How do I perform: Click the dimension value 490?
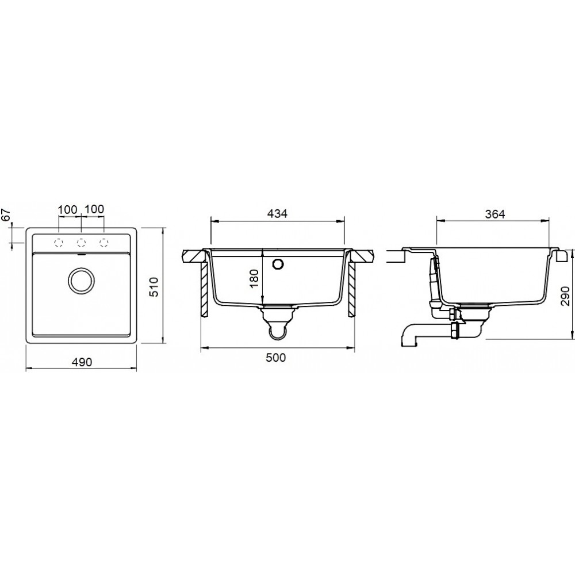point(82,362)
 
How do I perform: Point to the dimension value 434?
point(277,213)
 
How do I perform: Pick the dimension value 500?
point(275,357)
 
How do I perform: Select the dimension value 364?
point(494,213)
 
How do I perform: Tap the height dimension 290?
point(566,296)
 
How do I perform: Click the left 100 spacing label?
point(68,209)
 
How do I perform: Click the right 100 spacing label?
point(94,209)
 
